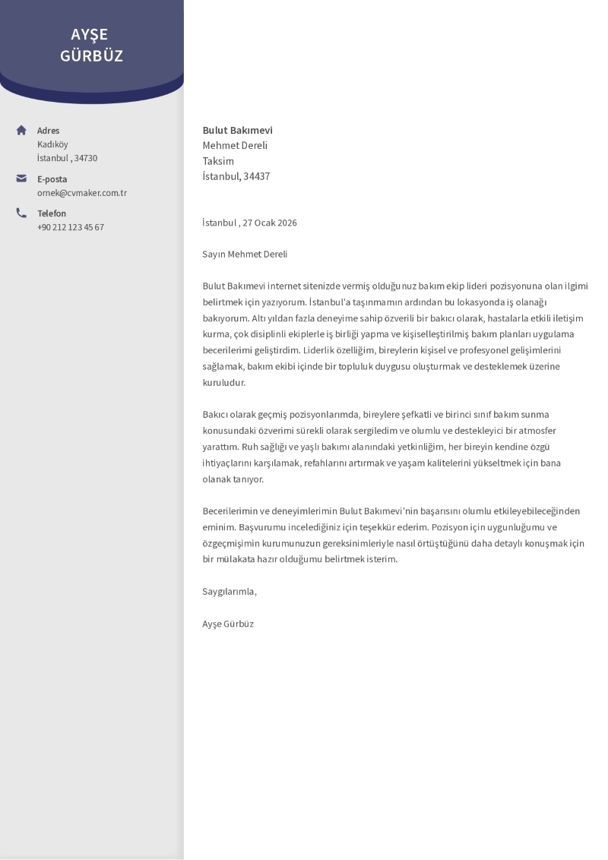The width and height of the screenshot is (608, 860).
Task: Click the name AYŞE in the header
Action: point(89,34)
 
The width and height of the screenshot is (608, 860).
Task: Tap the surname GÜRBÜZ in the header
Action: point(91,55)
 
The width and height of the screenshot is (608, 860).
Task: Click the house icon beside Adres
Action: point(21,130)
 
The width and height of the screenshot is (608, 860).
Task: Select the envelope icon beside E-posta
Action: point(21,179)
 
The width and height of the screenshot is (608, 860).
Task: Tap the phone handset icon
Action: point(21,213)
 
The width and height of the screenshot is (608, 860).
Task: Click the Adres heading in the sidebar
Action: point(48,131)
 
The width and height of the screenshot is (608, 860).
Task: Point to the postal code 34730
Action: point(85,158)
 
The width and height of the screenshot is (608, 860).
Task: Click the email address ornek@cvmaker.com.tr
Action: point(82,193)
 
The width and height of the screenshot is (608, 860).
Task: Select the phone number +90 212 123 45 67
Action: point(71,227)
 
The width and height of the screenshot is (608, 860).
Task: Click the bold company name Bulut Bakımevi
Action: point(237,130)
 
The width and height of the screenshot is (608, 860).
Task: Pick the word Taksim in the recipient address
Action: point(218,161)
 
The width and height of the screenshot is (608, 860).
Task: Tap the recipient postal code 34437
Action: point(256,176)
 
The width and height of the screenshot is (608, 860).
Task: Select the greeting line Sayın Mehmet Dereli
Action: point(245,254)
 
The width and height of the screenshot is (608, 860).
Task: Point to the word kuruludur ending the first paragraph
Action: point(223,382)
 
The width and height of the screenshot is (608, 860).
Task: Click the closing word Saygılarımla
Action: point(230,591)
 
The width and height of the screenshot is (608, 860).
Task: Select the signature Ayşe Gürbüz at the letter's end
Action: point(228,624)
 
